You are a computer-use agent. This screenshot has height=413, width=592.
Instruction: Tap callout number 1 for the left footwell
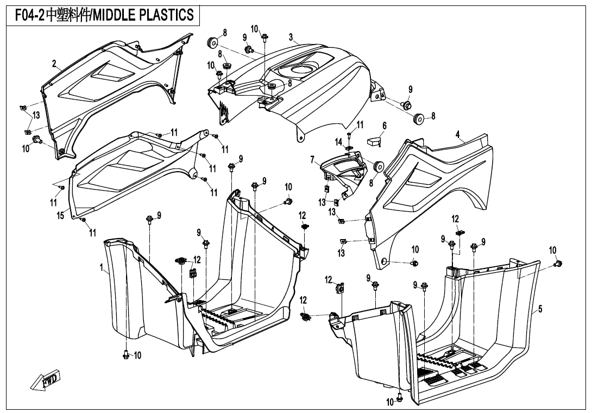click(x=102, y=267)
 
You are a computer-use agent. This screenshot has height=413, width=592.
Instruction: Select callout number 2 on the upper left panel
click(x=54, y=64)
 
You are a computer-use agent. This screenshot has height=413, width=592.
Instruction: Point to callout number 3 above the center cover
click(x=291, y=37)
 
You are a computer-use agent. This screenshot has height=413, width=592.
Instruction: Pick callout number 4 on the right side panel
click(x=458, y=134)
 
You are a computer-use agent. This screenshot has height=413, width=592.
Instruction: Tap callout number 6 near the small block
click(x=384, y=126)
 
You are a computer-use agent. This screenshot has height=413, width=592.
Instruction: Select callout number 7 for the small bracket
click(x=313, y=160)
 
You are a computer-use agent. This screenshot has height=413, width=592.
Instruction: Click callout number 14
click(x=339, y=142)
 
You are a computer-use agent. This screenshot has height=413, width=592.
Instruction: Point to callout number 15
click(x=61, y=216)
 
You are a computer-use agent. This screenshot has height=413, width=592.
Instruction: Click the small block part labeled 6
click(x=373, y=141)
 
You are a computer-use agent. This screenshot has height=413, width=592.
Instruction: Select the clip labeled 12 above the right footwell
click(x=459, y=232)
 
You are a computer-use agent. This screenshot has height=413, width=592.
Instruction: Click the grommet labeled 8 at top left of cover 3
click(x=212, y=42)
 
